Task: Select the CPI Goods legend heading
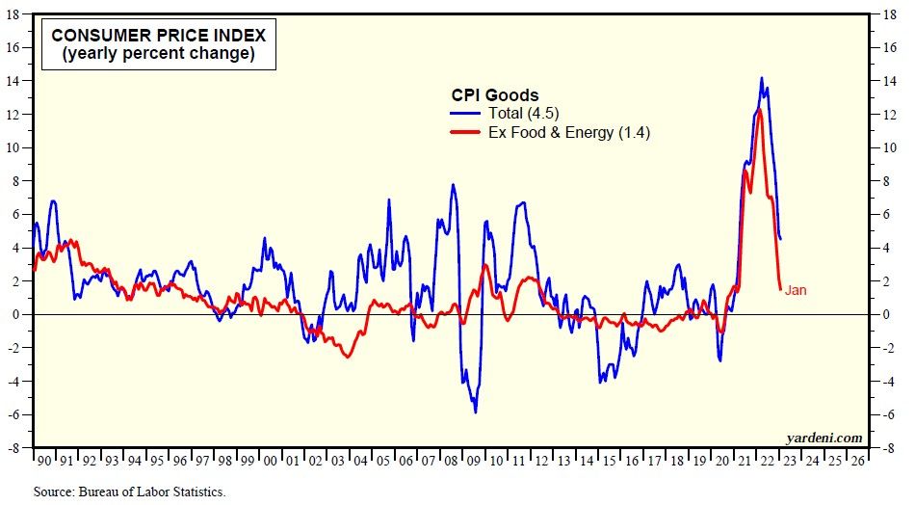(x=495, y=94)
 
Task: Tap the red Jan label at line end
(x=796, y=290)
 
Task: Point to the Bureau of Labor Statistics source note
(x=129, y=492)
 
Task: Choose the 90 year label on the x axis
(x=42, y=461)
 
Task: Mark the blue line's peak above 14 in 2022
(x=762, y=78)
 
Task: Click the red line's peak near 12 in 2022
(x=760, y=110)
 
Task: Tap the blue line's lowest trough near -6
(x=475, y=412)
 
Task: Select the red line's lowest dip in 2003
(x=348, y=358)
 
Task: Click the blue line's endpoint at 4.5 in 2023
(x=780, y=239)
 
